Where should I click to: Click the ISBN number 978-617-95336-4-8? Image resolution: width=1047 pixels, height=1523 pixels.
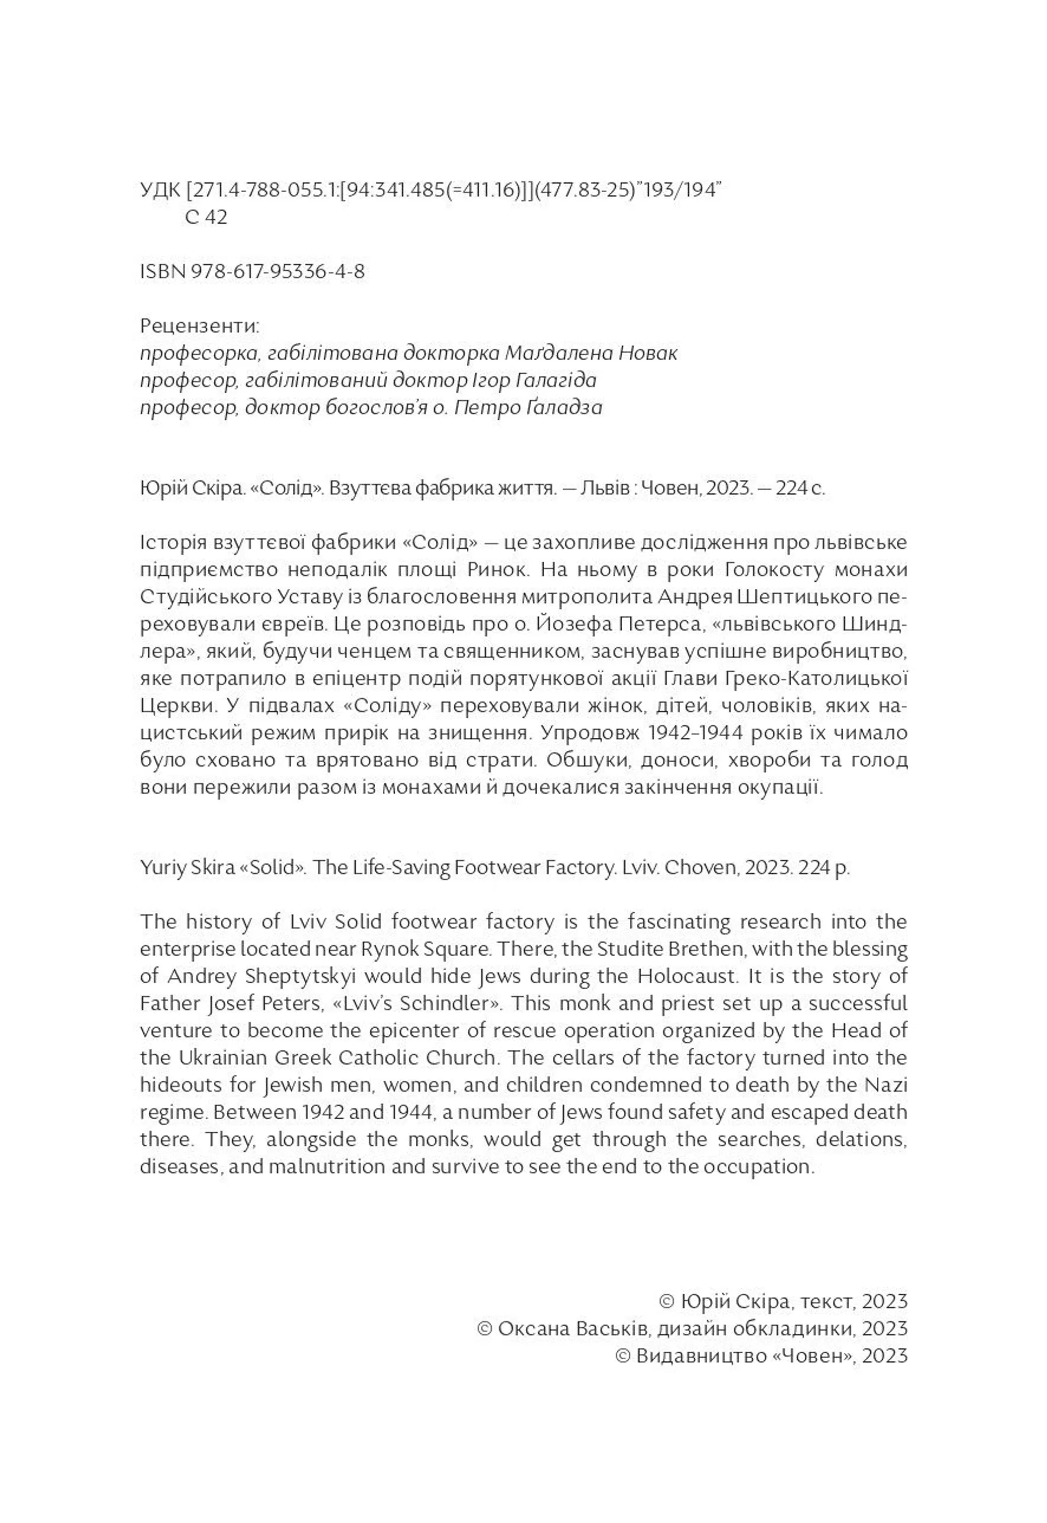[278, 272]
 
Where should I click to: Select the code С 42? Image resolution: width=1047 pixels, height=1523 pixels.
[206, 217]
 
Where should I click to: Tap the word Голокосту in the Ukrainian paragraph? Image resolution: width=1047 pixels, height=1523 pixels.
[773, 570]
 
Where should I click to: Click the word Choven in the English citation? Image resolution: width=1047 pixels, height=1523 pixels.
[700, 868]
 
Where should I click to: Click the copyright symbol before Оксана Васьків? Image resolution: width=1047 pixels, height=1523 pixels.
[485, 1329]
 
